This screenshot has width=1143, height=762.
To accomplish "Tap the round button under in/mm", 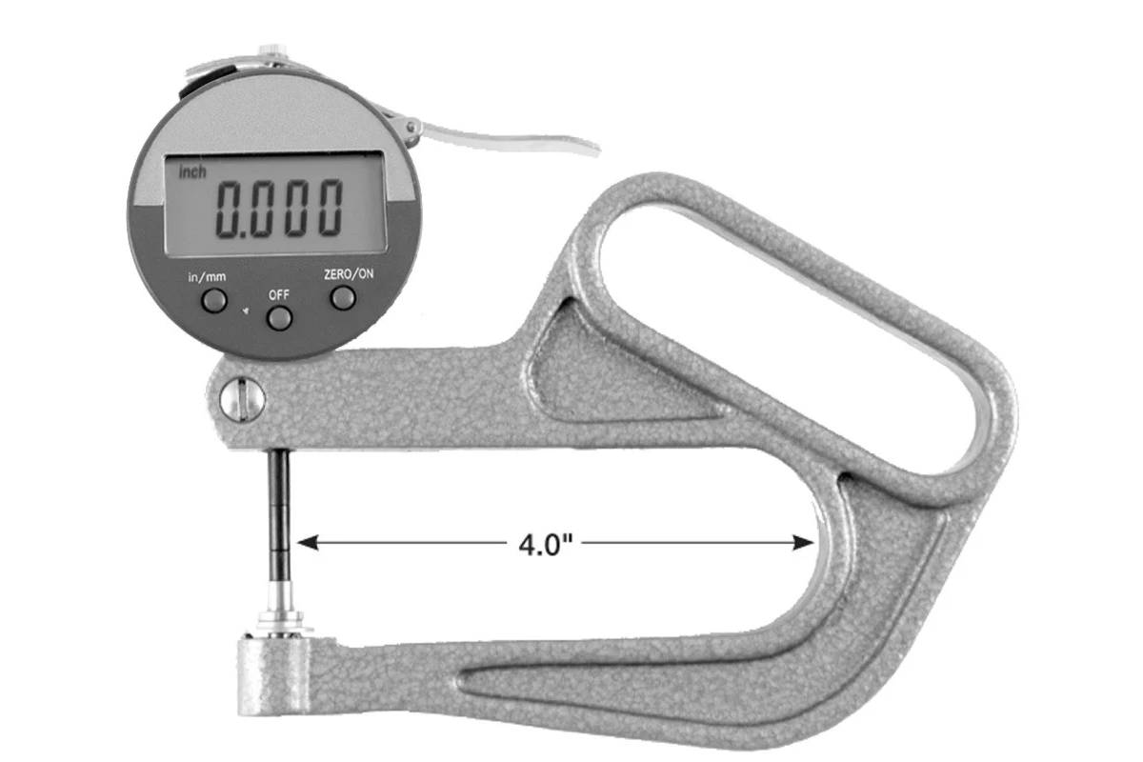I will [x=214, y=301].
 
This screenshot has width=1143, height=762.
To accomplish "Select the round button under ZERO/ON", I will [x=343, y=297].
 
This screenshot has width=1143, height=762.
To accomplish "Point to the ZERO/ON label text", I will [x=349, y=274].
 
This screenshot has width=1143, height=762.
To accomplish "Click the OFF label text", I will [x=278, y=294].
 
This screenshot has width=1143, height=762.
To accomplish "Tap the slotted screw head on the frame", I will [x=243, y=399].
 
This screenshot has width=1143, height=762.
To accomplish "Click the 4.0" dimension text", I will [x=543, y=545].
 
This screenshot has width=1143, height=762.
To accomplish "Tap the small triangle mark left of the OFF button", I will [x=245, y=311].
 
